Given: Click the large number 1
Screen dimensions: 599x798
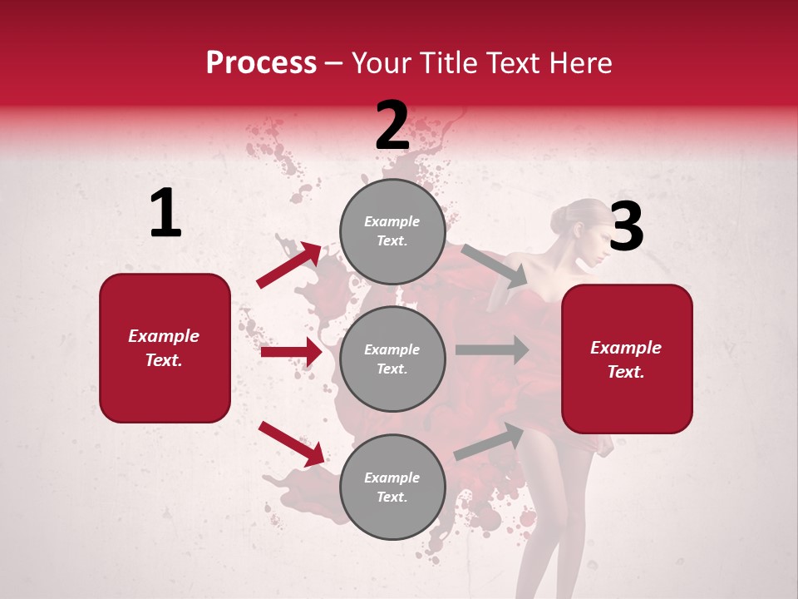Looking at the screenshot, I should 165,214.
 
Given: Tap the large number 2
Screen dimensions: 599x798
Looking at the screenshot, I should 392,126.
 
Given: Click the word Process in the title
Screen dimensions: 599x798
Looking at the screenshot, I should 261,62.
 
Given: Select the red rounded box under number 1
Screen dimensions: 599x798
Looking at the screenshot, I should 165,348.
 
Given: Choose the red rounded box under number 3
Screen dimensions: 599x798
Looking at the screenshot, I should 627,359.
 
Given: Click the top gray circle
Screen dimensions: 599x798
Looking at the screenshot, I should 392,231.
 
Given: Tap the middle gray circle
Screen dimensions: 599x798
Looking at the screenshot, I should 392,359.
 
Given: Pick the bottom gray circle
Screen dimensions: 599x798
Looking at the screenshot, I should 392,487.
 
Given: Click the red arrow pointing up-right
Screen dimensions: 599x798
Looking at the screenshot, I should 289,265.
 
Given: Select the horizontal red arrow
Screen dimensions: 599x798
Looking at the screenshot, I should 291,352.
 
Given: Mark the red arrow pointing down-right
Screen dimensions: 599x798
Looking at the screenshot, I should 291,443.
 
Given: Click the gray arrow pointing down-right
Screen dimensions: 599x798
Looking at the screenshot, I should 494,266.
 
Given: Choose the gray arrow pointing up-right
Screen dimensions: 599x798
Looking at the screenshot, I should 489,442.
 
